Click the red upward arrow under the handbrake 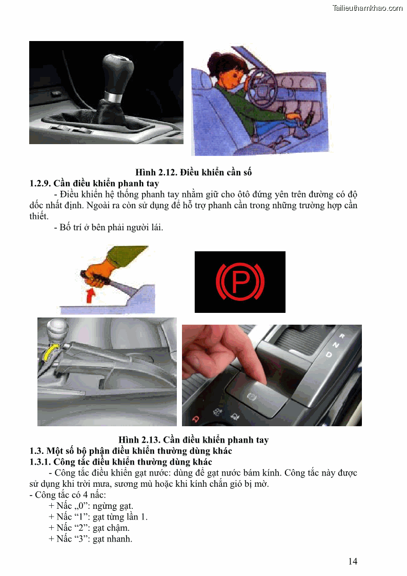tap(89, 295)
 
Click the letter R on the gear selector tap(342, 336)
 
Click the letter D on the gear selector tap(329, 354)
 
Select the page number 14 tap(353, 561)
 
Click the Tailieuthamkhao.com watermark tap(368, 8)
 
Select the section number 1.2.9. tap(40, 183)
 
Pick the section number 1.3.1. tap(40, 462)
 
